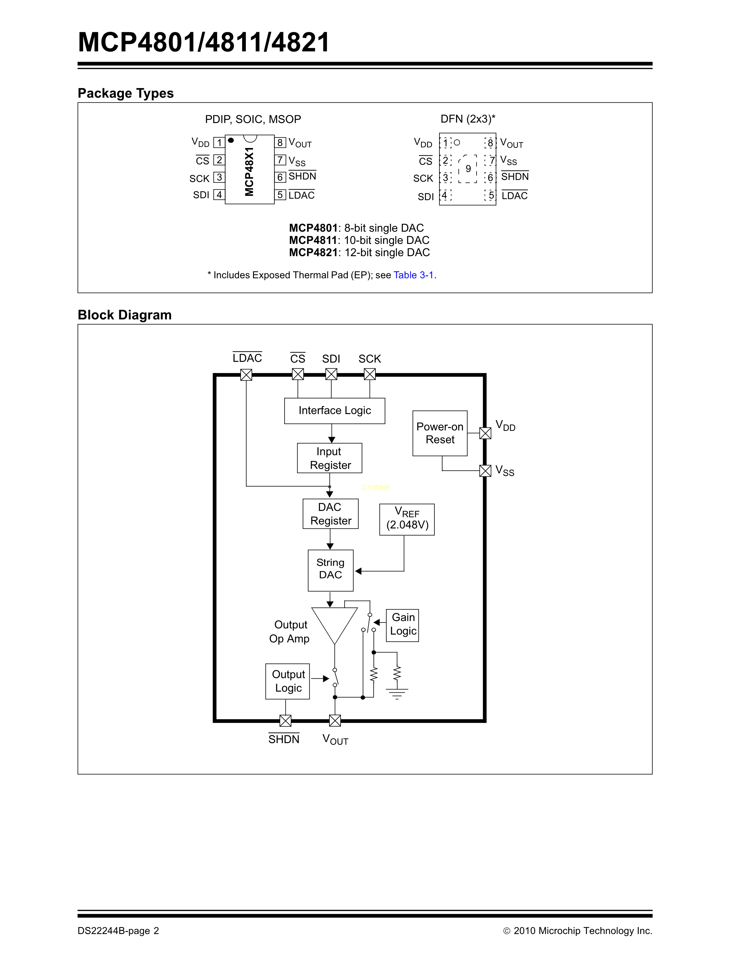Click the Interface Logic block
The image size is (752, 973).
335,411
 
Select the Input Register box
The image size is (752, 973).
330,458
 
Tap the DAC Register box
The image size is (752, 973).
331,514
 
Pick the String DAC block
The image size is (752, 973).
331,570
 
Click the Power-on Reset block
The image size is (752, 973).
440,433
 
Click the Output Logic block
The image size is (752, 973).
288,681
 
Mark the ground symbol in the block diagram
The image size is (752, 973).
397,693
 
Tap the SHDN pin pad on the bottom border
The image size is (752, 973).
285,720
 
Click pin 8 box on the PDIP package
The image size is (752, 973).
280,143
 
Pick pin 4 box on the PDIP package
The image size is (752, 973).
219,195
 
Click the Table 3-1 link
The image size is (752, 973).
413,275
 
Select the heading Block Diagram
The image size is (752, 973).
125,315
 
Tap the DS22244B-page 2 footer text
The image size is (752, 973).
118,931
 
